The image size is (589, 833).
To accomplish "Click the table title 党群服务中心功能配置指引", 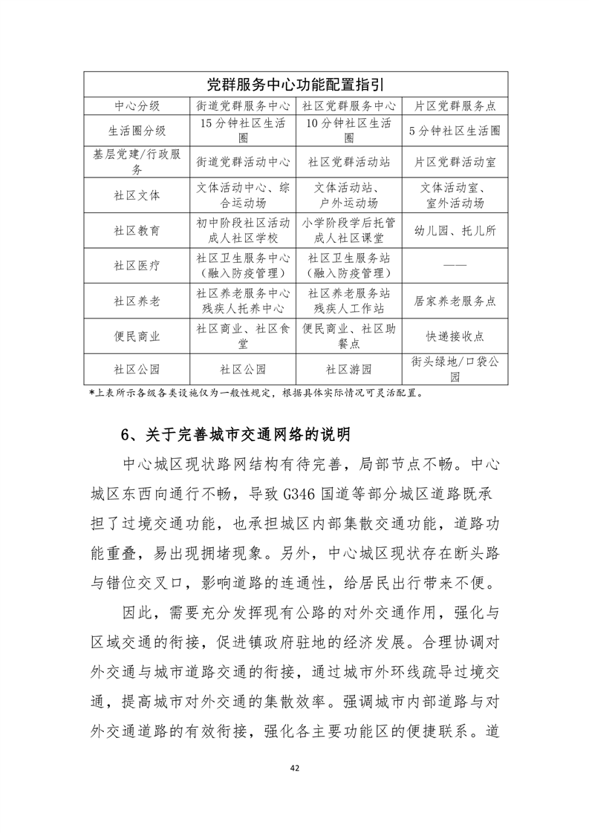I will click(295, 85).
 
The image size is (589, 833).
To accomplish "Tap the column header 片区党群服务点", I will click(455, 106).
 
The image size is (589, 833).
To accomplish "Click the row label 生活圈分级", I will click(137, 131).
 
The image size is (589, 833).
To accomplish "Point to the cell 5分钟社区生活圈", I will click(455, 131).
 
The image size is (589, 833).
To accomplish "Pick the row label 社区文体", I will click(137, 196).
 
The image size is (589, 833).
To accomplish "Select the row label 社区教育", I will click(137, 230).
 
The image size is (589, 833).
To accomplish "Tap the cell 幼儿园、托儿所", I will click(455, 230).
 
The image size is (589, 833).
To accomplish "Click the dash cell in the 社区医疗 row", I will click(455, 265).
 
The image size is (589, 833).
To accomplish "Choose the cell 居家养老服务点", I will click(455, 301).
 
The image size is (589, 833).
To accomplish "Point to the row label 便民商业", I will click(137, 336).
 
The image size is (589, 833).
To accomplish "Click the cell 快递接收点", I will click(455, 336).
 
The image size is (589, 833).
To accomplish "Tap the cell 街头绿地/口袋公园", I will click(455, 369).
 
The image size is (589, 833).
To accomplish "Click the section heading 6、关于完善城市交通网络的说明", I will click(235, 434).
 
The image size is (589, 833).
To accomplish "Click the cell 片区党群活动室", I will click(455, 161).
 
